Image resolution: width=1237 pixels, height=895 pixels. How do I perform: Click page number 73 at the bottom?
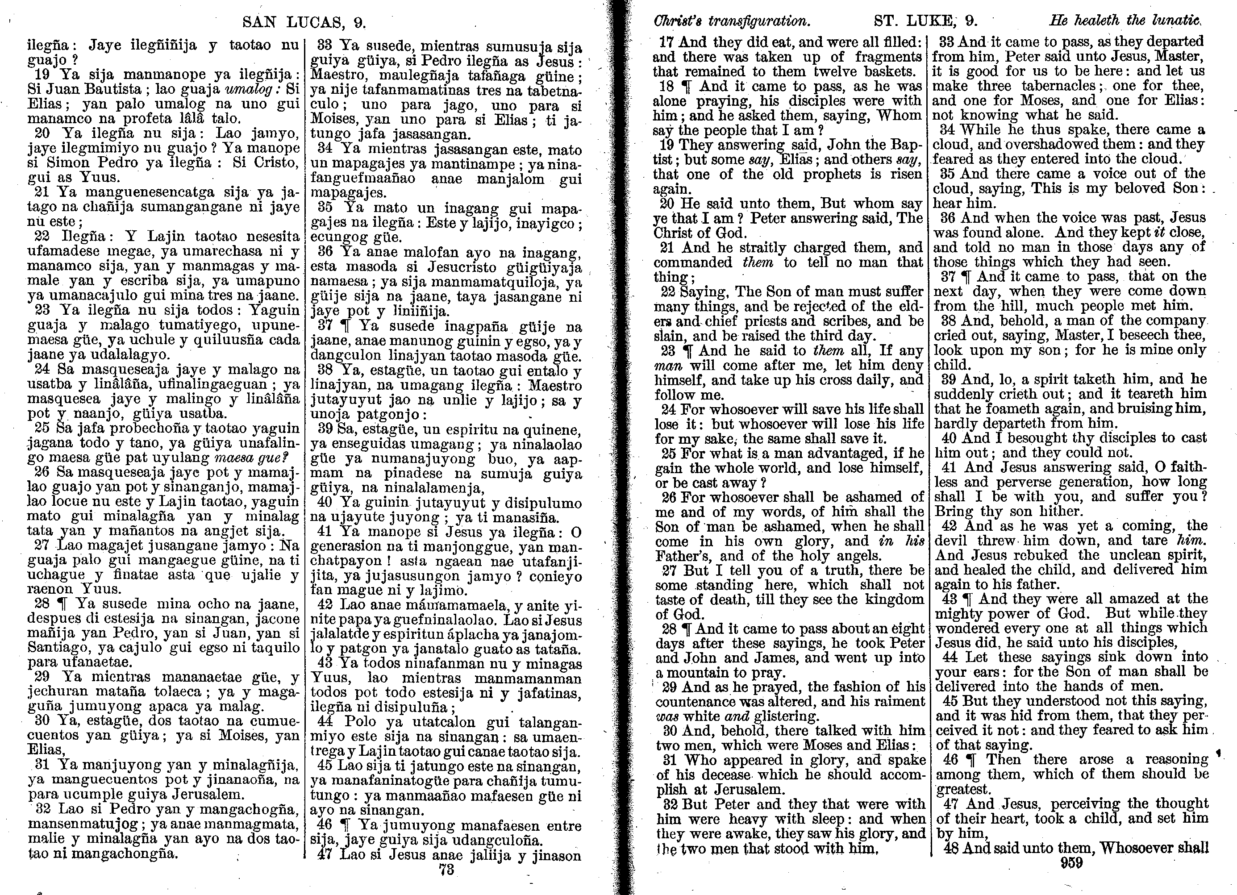(x=446, y=870)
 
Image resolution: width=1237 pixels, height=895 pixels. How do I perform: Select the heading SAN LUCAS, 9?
(x=304, y=22)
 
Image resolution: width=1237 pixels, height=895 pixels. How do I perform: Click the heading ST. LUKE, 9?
(x=925, y=21)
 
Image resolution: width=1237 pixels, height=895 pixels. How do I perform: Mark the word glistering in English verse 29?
(x=784, y=716)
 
